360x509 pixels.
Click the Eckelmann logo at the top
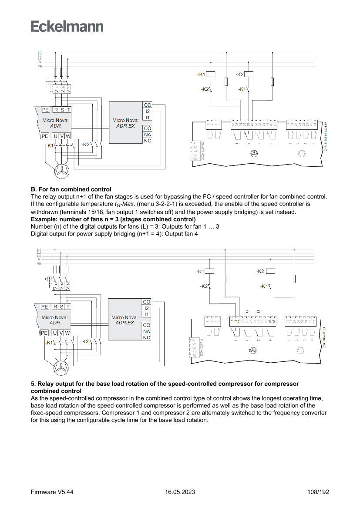67,26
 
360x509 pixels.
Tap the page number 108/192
318,492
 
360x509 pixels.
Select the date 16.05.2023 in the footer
180,492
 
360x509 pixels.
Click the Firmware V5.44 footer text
52,492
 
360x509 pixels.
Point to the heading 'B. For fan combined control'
71,189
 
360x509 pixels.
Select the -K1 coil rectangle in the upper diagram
211,74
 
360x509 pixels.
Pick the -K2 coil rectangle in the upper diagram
249,74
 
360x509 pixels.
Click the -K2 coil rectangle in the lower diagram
270,271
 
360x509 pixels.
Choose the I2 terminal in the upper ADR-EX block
148,111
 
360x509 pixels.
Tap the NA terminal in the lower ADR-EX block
147,331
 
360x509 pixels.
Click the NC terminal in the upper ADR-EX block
148,141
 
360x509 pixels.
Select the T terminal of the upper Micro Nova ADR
68,110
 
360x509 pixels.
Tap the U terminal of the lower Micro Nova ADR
55,333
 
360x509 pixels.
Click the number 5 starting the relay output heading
33,384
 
